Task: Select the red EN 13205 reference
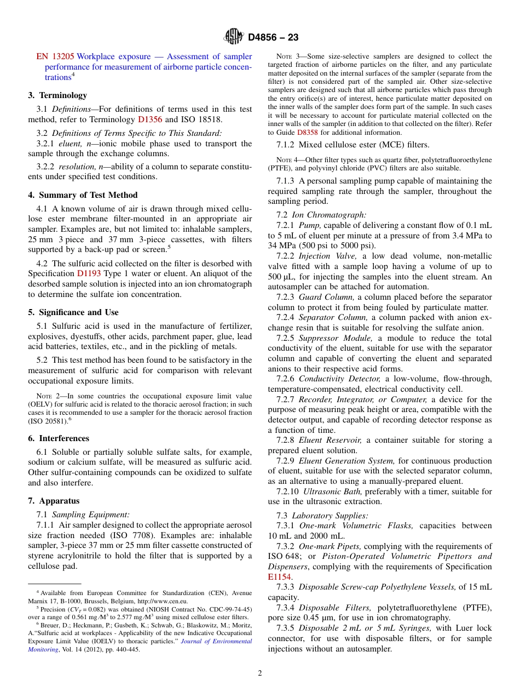[x=55, y=56]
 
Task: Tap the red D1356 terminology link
[x=149, y=119]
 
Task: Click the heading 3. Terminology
[x=57, y=95]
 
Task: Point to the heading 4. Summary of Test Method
[x=83, y=195]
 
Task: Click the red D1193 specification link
[x=88, y=273]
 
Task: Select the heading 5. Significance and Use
[x=73, y=312]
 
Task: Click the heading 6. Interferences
[x=58, y=438]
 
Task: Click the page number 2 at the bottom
[x=260, y=673]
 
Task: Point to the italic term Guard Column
[x=326, y=298]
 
